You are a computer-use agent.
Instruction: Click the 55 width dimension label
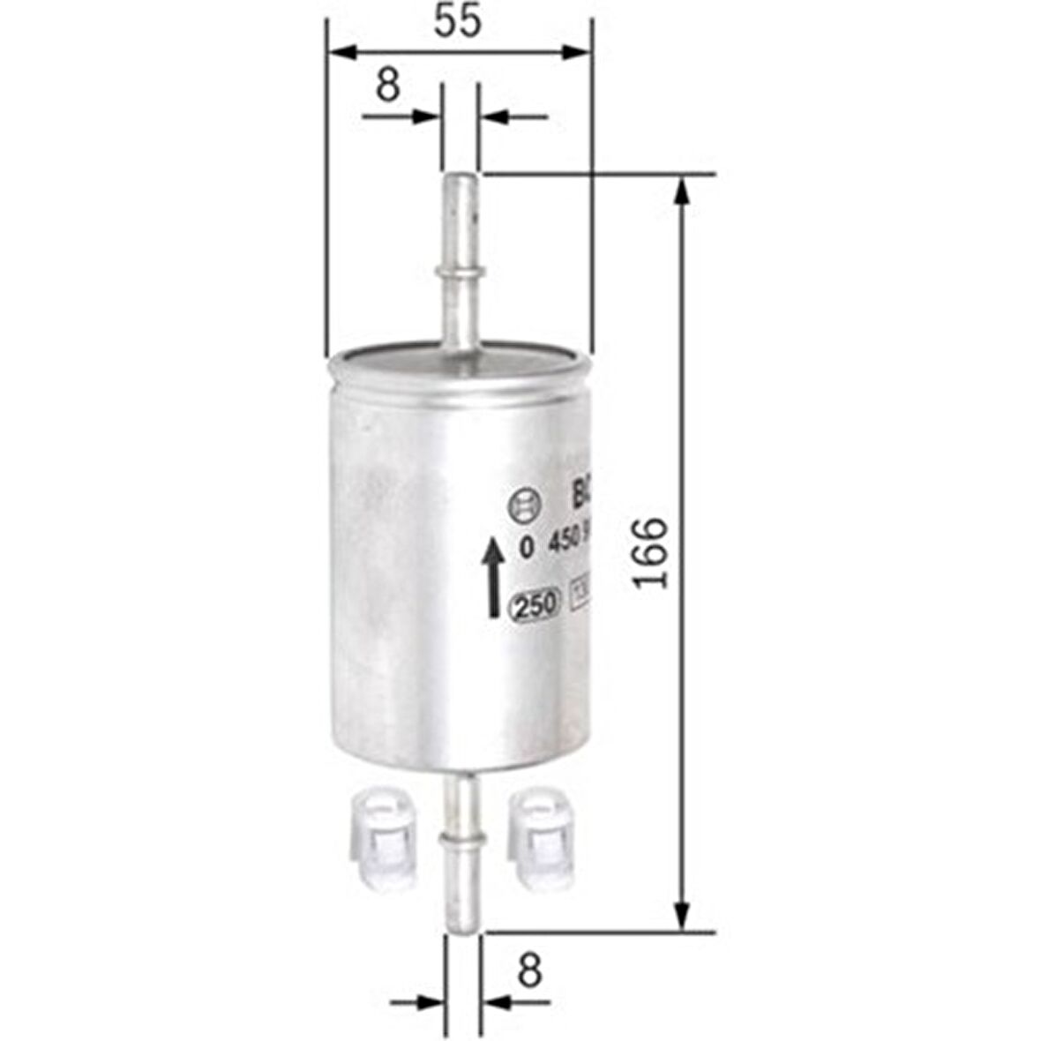click(x=458, y=22)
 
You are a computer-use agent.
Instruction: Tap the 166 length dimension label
click(x=653, y=552)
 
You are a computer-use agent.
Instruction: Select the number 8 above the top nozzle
click(x=388, y=86)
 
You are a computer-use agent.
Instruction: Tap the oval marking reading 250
click(x=535, y=606)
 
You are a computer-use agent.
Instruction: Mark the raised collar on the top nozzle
click(x=459, y=269)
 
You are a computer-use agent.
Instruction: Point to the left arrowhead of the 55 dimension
click(x=341, y=54)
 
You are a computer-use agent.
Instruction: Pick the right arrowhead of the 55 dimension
click(x=577, y=54)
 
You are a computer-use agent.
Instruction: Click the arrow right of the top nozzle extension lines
click(x=494, y=116)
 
